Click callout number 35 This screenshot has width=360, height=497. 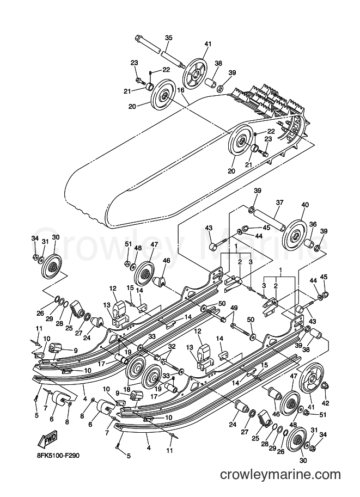click(x=168, y=38)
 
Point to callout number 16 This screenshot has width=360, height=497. click(x=180, y=90)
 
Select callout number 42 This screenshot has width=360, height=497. click(x=326, y=403)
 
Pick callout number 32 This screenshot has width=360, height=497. click(x=172, y=346)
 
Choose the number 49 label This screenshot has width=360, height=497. click(x=234, y=308)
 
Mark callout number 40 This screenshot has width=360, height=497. click(x=304, y=205)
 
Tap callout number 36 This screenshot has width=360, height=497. click(x=313, y=224)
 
